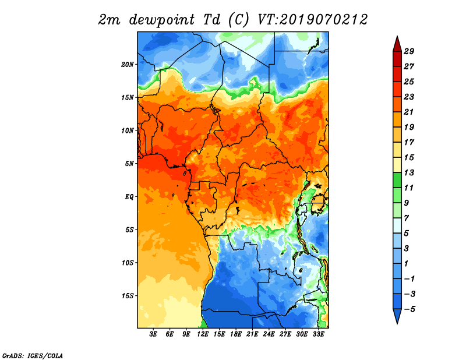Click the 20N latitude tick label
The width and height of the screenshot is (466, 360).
tap(128, 65)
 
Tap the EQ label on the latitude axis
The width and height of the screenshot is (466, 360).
tap(129, 197)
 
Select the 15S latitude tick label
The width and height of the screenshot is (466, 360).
tap(128, 296)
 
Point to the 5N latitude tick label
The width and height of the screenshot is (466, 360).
tap(129, 164)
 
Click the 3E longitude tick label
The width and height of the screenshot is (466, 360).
tap(153, 334)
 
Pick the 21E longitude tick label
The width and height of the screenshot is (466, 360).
tap(252, 334)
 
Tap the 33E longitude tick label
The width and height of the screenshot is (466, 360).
tap(318, 334)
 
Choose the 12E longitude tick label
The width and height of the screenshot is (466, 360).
tap(203, 334)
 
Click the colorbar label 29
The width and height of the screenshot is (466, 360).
tap(409, 52)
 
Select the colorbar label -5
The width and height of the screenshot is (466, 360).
tap(409, 309)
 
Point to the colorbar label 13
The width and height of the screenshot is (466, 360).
tap(409, 172)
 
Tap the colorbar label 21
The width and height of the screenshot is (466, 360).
tap(409, 112)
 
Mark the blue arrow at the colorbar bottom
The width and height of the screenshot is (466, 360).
tap(397, 315)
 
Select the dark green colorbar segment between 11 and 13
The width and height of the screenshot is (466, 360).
tap(397, 180)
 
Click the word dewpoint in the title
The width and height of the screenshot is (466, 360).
tap(162, 20)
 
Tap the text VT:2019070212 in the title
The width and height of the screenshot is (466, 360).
tap(312, 20)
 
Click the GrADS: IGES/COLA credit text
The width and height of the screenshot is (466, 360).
tap(33, 355)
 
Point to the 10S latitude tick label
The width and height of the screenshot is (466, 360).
tap(128, 263)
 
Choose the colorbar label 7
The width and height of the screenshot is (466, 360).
tap(407, 218)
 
